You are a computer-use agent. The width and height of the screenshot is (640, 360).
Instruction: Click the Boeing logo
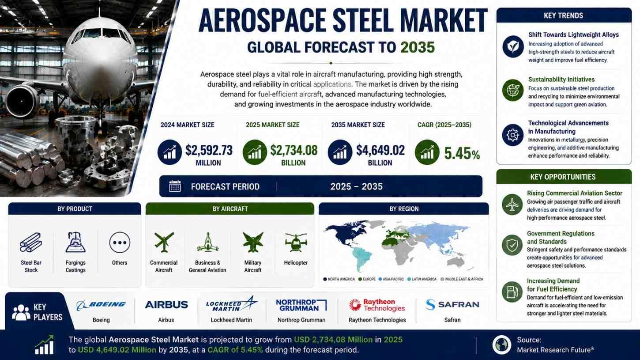101,305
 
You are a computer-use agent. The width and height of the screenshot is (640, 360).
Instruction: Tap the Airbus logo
166,304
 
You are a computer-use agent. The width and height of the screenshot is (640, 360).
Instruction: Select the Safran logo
452,304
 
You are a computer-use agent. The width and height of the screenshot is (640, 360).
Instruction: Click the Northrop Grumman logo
301,305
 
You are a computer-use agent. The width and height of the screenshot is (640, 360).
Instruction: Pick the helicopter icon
296,242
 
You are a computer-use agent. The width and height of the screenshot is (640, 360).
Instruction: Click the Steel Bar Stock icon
31,242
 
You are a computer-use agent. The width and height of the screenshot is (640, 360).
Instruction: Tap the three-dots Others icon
120,243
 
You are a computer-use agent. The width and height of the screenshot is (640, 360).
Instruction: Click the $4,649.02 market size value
380,151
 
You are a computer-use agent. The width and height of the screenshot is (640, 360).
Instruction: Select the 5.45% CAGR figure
462,154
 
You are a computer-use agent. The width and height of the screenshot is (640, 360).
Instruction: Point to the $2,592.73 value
209,151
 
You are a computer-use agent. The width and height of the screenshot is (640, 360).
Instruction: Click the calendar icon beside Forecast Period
175,186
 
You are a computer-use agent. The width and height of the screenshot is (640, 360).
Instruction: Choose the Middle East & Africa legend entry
462,279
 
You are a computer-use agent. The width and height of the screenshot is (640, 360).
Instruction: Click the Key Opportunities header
564,177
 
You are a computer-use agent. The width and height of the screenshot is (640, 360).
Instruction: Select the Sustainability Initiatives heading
561,80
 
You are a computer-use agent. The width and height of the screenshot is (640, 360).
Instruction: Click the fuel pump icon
512,292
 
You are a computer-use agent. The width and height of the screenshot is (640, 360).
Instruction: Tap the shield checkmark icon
512,245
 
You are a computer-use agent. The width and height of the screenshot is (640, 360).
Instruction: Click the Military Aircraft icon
253,242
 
